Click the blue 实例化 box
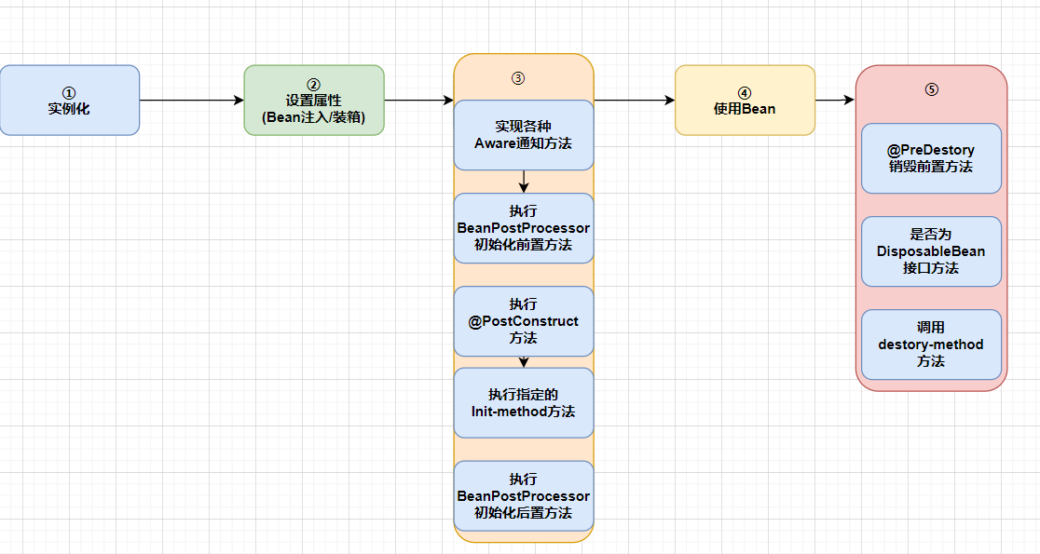point(69,101)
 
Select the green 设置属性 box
point(314,101)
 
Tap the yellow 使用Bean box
point(745,101)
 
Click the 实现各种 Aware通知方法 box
point(524,135)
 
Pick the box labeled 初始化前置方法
point(524,228)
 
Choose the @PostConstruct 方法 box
point(524,321)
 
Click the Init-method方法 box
point(524,403)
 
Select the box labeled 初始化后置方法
point(524,495)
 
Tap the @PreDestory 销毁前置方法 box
point(931,158)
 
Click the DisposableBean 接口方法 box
point(931,251)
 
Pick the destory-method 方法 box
point(931,345)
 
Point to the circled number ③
point(518,78)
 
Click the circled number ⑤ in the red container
point(931,89)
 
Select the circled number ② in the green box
point(313,85)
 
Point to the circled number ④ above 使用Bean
point(744,93)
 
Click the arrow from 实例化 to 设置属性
point(191,101)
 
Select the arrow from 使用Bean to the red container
point(835,101)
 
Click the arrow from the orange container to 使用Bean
point(634,101)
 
